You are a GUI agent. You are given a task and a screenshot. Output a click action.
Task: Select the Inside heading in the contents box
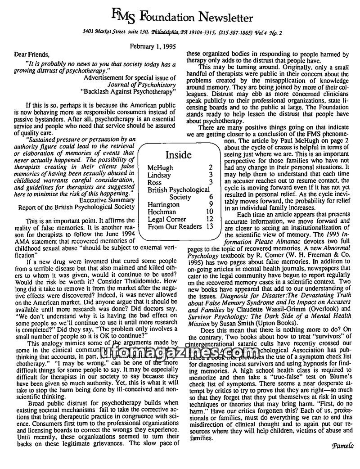tap(178, 155)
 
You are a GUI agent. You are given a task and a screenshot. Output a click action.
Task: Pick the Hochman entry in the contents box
tap(161, 212)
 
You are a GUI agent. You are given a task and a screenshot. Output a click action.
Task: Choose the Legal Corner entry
tap(167, 219)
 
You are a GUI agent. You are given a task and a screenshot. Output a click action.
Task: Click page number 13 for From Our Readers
tap(208, 226)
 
